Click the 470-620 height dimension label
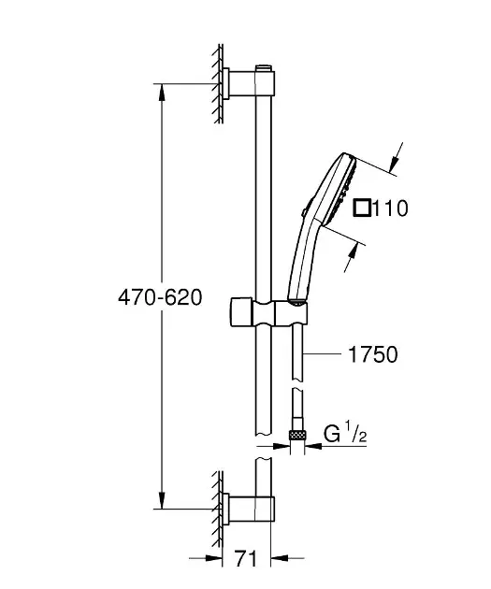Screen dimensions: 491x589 (x=160, y=298)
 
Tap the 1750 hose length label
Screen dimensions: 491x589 (x=373, y=354)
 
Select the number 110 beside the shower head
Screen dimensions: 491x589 (x=390, y=208)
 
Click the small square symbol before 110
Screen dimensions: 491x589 (x=362, y=208)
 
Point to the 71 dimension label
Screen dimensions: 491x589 (x=246, y=558)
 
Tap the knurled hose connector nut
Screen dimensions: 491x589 (x=297, y=435)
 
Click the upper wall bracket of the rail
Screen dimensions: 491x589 (x=249, y=83)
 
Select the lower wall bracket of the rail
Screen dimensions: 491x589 (x=249, y=509)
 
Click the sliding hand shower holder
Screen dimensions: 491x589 (x=268, y=312)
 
